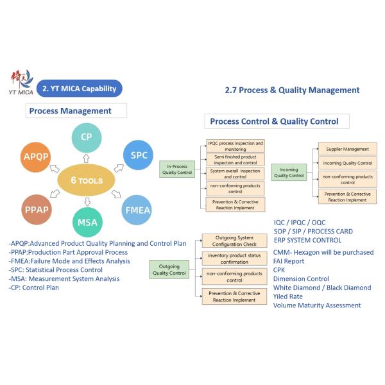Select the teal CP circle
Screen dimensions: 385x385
86,136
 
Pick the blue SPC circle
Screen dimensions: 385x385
139,156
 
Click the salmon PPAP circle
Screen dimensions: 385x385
31,210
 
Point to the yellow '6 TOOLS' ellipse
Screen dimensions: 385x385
87,181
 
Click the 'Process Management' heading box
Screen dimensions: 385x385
69,110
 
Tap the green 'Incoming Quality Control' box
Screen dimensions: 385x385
289,171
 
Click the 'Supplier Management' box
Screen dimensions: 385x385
347,149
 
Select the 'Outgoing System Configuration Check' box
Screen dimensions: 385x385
234,241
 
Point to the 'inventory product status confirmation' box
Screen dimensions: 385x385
234,259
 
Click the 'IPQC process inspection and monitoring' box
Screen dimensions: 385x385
235,145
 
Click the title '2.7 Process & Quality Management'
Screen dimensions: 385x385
292,90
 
